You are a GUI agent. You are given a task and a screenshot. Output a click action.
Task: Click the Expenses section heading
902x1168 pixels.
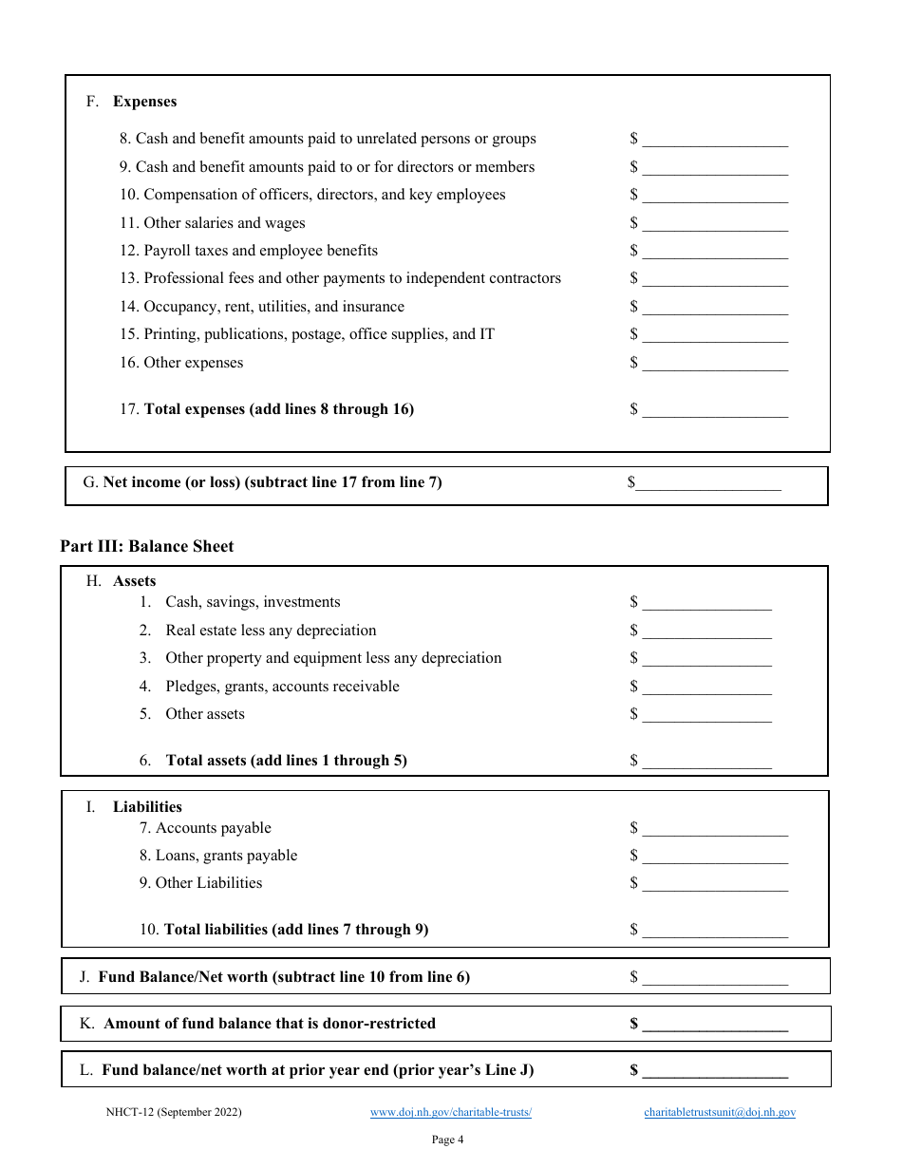coord(144,102)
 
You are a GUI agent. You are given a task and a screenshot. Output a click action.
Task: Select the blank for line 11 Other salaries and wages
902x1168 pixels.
coord(714,223)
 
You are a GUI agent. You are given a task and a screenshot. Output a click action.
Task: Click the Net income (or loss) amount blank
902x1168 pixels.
coord(707,482)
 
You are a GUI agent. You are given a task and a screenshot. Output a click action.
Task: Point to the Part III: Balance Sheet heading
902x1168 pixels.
coord(146,546)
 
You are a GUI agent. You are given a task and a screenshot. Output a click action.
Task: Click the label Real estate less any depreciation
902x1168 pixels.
coord(271,631)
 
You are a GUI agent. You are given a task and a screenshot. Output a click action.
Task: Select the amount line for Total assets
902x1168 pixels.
coord(706,761)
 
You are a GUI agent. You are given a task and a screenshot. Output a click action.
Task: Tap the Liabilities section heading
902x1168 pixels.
coord(147,807)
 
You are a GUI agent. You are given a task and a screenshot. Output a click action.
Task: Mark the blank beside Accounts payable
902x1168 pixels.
coord(714,828)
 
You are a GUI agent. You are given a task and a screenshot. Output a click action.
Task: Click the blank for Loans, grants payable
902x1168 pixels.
coord(714,856)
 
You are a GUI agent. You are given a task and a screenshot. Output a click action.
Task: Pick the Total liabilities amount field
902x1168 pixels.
coord(714,930)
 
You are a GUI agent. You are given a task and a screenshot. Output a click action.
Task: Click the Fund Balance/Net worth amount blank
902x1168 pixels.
coord(714,977)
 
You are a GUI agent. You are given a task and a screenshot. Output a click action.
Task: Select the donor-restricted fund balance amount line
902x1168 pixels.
coord(714,1024)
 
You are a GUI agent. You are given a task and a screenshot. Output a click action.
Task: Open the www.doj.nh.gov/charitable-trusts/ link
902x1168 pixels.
coord(451,1112)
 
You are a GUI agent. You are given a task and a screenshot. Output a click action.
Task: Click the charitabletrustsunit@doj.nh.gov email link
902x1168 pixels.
coord(720,1112)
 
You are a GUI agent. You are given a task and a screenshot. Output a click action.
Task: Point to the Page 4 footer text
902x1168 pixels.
coord(447,1140)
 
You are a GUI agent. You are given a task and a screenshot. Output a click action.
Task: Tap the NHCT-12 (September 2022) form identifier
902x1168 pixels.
coord(174,1112)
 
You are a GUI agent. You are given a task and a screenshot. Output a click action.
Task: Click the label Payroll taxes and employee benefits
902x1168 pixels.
coord(260,251)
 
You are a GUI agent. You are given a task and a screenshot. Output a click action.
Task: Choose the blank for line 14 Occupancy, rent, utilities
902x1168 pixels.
coord(714,307)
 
